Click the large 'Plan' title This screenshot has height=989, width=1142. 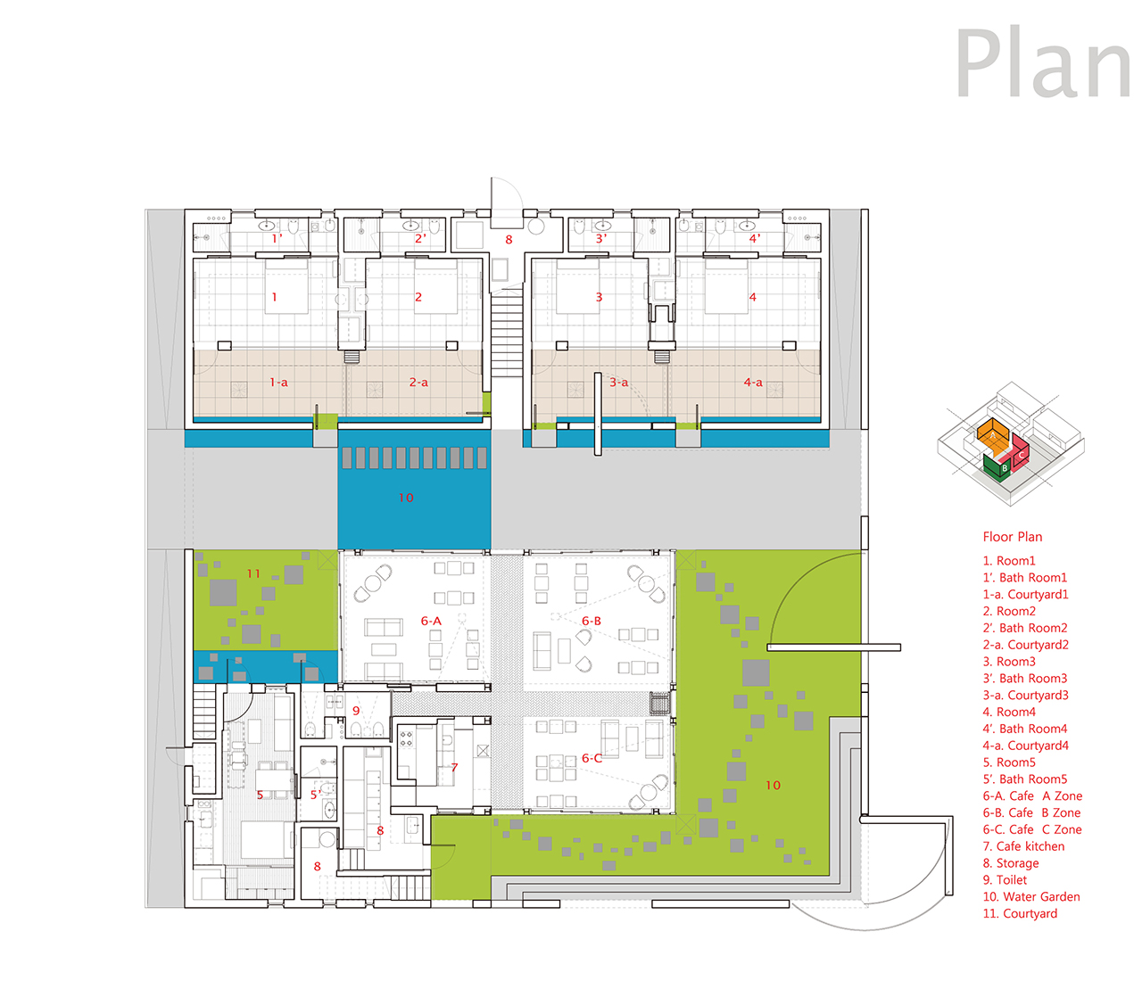tap(1043, 62)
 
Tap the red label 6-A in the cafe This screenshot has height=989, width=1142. tap(431, 621)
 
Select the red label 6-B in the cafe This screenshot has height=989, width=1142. tap(592, 621)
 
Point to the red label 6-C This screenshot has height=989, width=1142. tap(592, 758)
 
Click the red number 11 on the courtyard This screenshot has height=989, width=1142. tap(253, 573)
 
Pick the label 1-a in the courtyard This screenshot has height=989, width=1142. tap(278, 382)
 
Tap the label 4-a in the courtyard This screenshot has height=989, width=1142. tap(753, 382)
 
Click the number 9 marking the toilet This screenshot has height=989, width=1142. tap(356, 711)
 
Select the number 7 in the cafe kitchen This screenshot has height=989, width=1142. tap(454, 768)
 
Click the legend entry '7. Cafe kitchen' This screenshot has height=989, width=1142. tap(1023, 846)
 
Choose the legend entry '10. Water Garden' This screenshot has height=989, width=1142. tap(1031, 896)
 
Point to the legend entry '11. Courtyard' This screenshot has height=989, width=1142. tap(1020, 913)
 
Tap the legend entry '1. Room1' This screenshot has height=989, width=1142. tap(1009, 560)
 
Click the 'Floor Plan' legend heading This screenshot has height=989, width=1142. tap(1012, 537)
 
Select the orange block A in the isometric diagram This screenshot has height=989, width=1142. tap(993, 436)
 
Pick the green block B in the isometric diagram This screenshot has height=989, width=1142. tap(997, 466)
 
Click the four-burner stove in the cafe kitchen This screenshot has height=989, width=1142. tap(407, 738)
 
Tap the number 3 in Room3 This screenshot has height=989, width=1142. tap(599, 297)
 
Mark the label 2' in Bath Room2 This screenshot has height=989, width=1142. tap(420, 238)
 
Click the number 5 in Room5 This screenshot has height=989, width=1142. tap(260, 795)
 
